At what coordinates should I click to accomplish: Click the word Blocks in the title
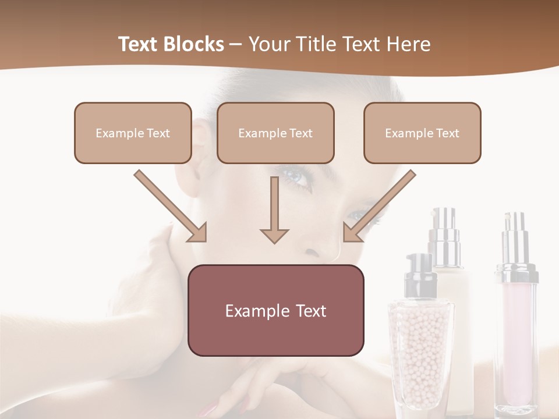coord(195,44)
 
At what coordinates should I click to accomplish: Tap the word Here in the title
coord(407,44)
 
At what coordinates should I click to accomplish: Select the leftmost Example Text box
coord(133,133)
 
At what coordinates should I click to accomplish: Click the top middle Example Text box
coord(275,133)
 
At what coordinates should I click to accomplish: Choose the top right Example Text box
coord(422,133)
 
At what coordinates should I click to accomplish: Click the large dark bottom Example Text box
coord(276,310)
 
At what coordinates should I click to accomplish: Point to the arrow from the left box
coord(171,206)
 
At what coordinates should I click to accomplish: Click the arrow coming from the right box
coord(379,206)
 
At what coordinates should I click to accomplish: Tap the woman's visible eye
coord(298,177)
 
